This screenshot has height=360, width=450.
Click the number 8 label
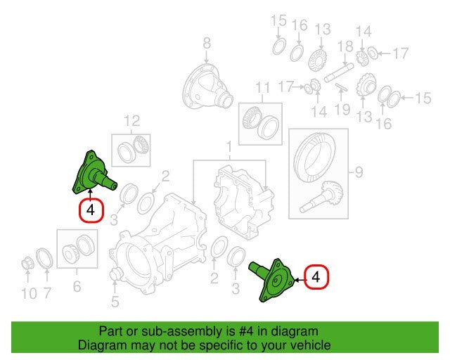coord(207,44)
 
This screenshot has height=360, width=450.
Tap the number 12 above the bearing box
coord(132,121)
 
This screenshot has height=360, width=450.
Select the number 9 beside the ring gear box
coord(359,172)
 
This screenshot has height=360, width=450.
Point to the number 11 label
coord(262,88)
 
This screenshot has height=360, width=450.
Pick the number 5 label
coord(77,286)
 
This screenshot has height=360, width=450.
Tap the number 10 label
coord(30,294)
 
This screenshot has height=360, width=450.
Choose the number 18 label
coord(345,47)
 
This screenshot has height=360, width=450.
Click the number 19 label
coord(342,110)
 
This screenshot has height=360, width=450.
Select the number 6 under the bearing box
coord(77,286)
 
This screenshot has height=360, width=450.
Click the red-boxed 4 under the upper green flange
coord(91,210)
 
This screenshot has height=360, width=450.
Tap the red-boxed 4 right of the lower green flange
coord(316,277)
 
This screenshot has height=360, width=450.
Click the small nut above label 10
coord(28,264)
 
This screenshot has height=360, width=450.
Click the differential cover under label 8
coord(207,86)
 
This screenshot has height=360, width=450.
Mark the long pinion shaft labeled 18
coord(339,73)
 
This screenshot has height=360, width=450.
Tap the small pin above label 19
coord(340,87)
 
